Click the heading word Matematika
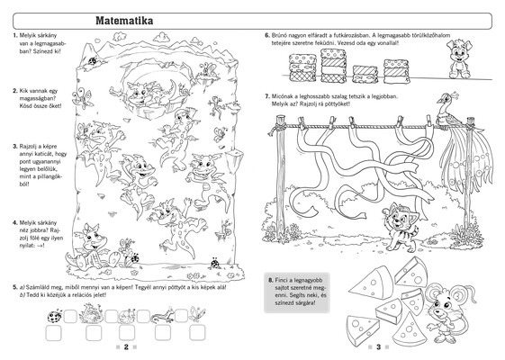pos(124,21)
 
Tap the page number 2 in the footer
pos(126,346)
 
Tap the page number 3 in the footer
pos(379,346)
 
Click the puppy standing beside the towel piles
pos(459,58)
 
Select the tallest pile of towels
pos(333,66)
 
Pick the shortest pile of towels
pos(365,74)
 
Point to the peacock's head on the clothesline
pos(445,98)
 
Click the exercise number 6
pos(267,35)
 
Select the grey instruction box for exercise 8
pos(297,292)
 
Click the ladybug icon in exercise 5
pos(55,316)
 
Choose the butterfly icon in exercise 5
pos(197,313)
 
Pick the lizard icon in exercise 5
pos(163,316)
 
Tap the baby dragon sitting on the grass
pos(91,247)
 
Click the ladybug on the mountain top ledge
pos(94,60)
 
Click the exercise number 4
pos(14,223)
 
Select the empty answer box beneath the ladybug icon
pos(53,333)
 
